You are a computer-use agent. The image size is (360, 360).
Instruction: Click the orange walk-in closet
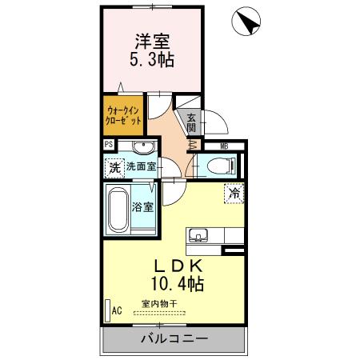123,114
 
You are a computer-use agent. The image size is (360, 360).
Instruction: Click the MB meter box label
225,146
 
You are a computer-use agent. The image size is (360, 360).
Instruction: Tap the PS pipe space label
108,146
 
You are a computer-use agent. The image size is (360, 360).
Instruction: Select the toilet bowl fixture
221,166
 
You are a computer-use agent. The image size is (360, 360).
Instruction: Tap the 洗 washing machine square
114,168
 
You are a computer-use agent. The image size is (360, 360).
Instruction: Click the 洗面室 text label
141,168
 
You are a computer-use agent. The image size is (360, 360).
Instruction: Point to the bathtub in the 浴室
117,210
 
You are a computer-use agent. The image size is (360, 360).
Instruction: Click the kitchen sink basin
198,235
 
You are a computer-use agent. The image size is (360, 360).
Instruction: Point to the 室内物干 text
160,303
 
